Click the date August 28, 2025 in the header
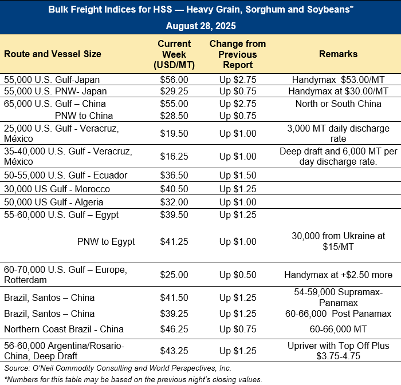click(200, 26)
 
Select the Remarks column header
click(338, 54)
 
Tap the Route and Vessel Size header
click(53, 54)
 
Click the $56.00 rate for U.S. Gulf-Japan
click(174, 81)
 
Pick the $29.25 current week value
click(174, 92)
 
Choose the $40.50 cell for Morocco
click(174, 189)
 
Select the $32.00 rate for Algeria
click(174, 202)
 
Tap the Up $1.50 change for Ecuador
click(238, 175)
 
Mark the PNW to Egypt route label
click(106, 241)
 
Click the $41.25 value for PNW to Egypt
click(174, 241)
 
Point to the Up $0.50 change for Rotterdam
click(238, 275)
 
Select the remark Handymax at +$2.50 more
click(338, 275)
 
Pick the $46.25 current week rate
click(174, 329)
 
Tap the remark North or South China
click(338, 104)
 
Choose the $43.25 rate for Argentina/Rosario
click(174, 351)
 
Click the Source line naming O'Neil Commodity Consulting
click(117, 368)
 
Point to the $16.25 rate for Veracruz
click(174, 156)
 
